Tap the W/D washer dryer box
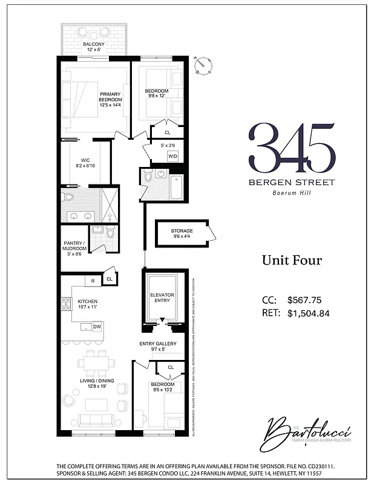172,155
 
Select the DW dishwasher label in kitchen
97,327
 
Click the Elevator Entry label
162,298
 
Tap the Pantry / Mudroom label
75,247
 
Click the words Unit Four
292,260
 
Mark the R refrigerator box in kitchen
93,280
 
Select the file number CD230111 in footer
313,466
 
